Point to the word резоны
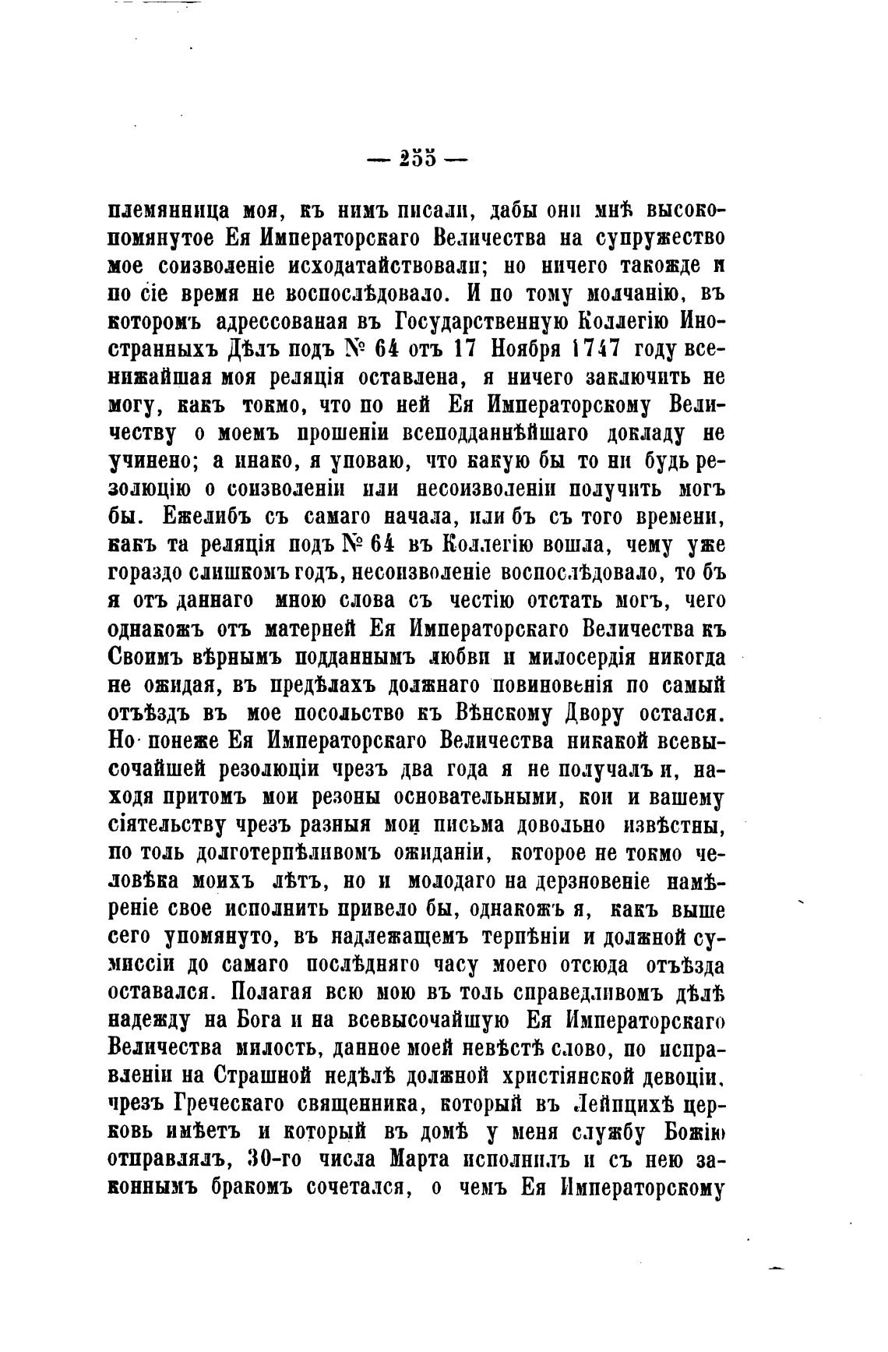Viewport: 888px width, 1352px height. [343, 797]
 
